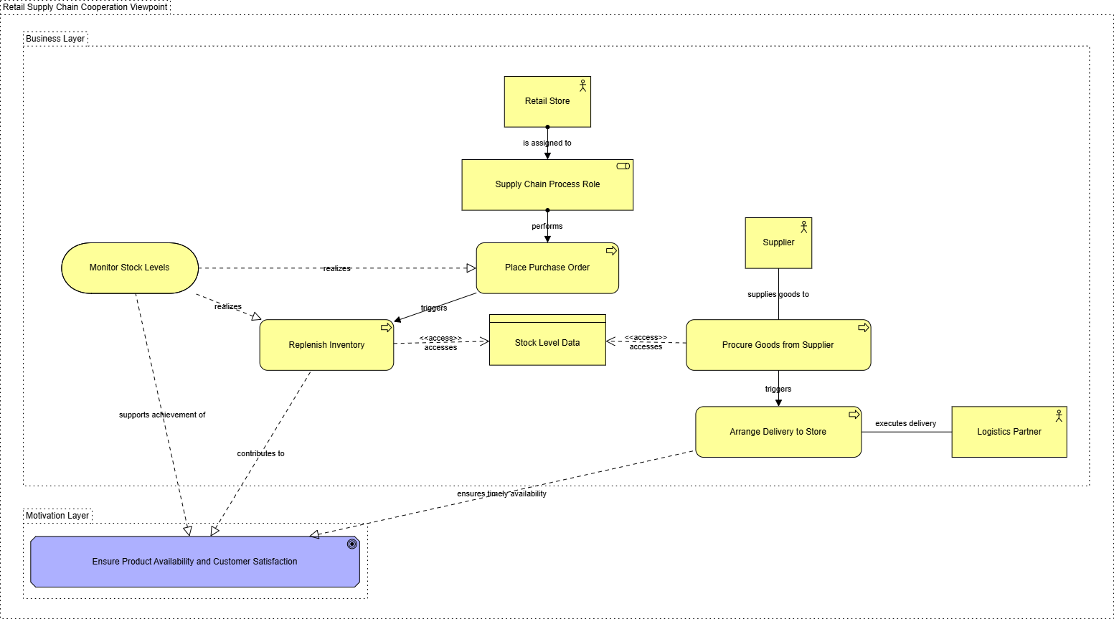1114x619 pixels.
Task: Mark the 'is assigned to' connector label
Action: click(x=547, y=143)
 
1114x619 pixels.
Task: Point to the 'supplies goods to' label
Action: click(x=778, y=294)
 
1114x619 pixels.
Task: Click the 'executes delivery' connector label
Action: click(x=905, y=423)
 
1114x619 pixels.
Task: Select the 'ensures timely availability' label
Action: click(x=501, y=493)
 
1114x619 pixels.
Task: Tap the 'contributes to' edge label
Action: click(x=260, y=453)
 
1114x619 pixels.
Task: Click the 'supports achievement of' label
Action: click(x=162, y=415)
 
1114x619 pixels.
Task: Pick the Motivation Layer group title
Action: click(x=57, y=516)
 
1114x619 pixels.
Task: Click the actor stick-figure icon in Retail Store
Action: click(x=582, y=85)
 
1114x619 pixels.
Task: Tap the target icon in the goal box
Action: click(x=351, y=544)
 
